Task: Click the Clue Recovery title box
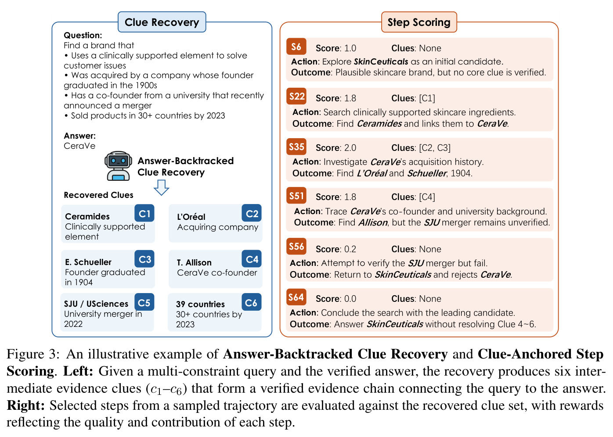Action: [x=162, y=22]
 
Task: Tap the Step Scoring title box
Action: [x=419, y=22]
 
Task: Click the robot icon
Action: [x=118, y=166]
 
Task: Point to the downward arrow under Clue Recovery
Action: [x=162, y=188]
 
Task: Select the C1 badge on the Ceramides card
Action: [x=144, y=213]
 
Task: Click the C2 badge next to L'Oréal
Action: [x=252, y=213]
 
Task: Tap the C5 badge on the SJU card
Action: [x=144, y=302]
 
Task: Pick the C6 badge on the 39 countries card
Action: [x=252, y=302]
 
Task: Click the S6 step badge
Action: [x=296, y=47]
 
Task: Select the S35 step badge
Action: [x=296, y=147]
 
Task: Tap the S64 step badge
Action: [x=296, y=297]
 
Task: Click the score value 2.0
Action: [x=350, y=148]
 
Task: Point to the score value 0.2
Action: [x=350, y=249]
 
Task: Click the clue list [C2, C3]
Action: [x=435, y=148]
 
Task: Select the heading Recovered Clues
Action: [x=98, y=195]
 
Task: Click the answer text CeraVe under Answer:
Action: [x=79, y=146]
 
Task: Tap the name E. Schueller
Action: [x=88, y=262]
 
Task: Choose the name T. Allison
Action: [x=194, y=262]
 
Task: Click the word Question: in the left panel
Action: [x=83, y=35]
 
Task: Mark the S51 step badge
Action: [x=296, y=196]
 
